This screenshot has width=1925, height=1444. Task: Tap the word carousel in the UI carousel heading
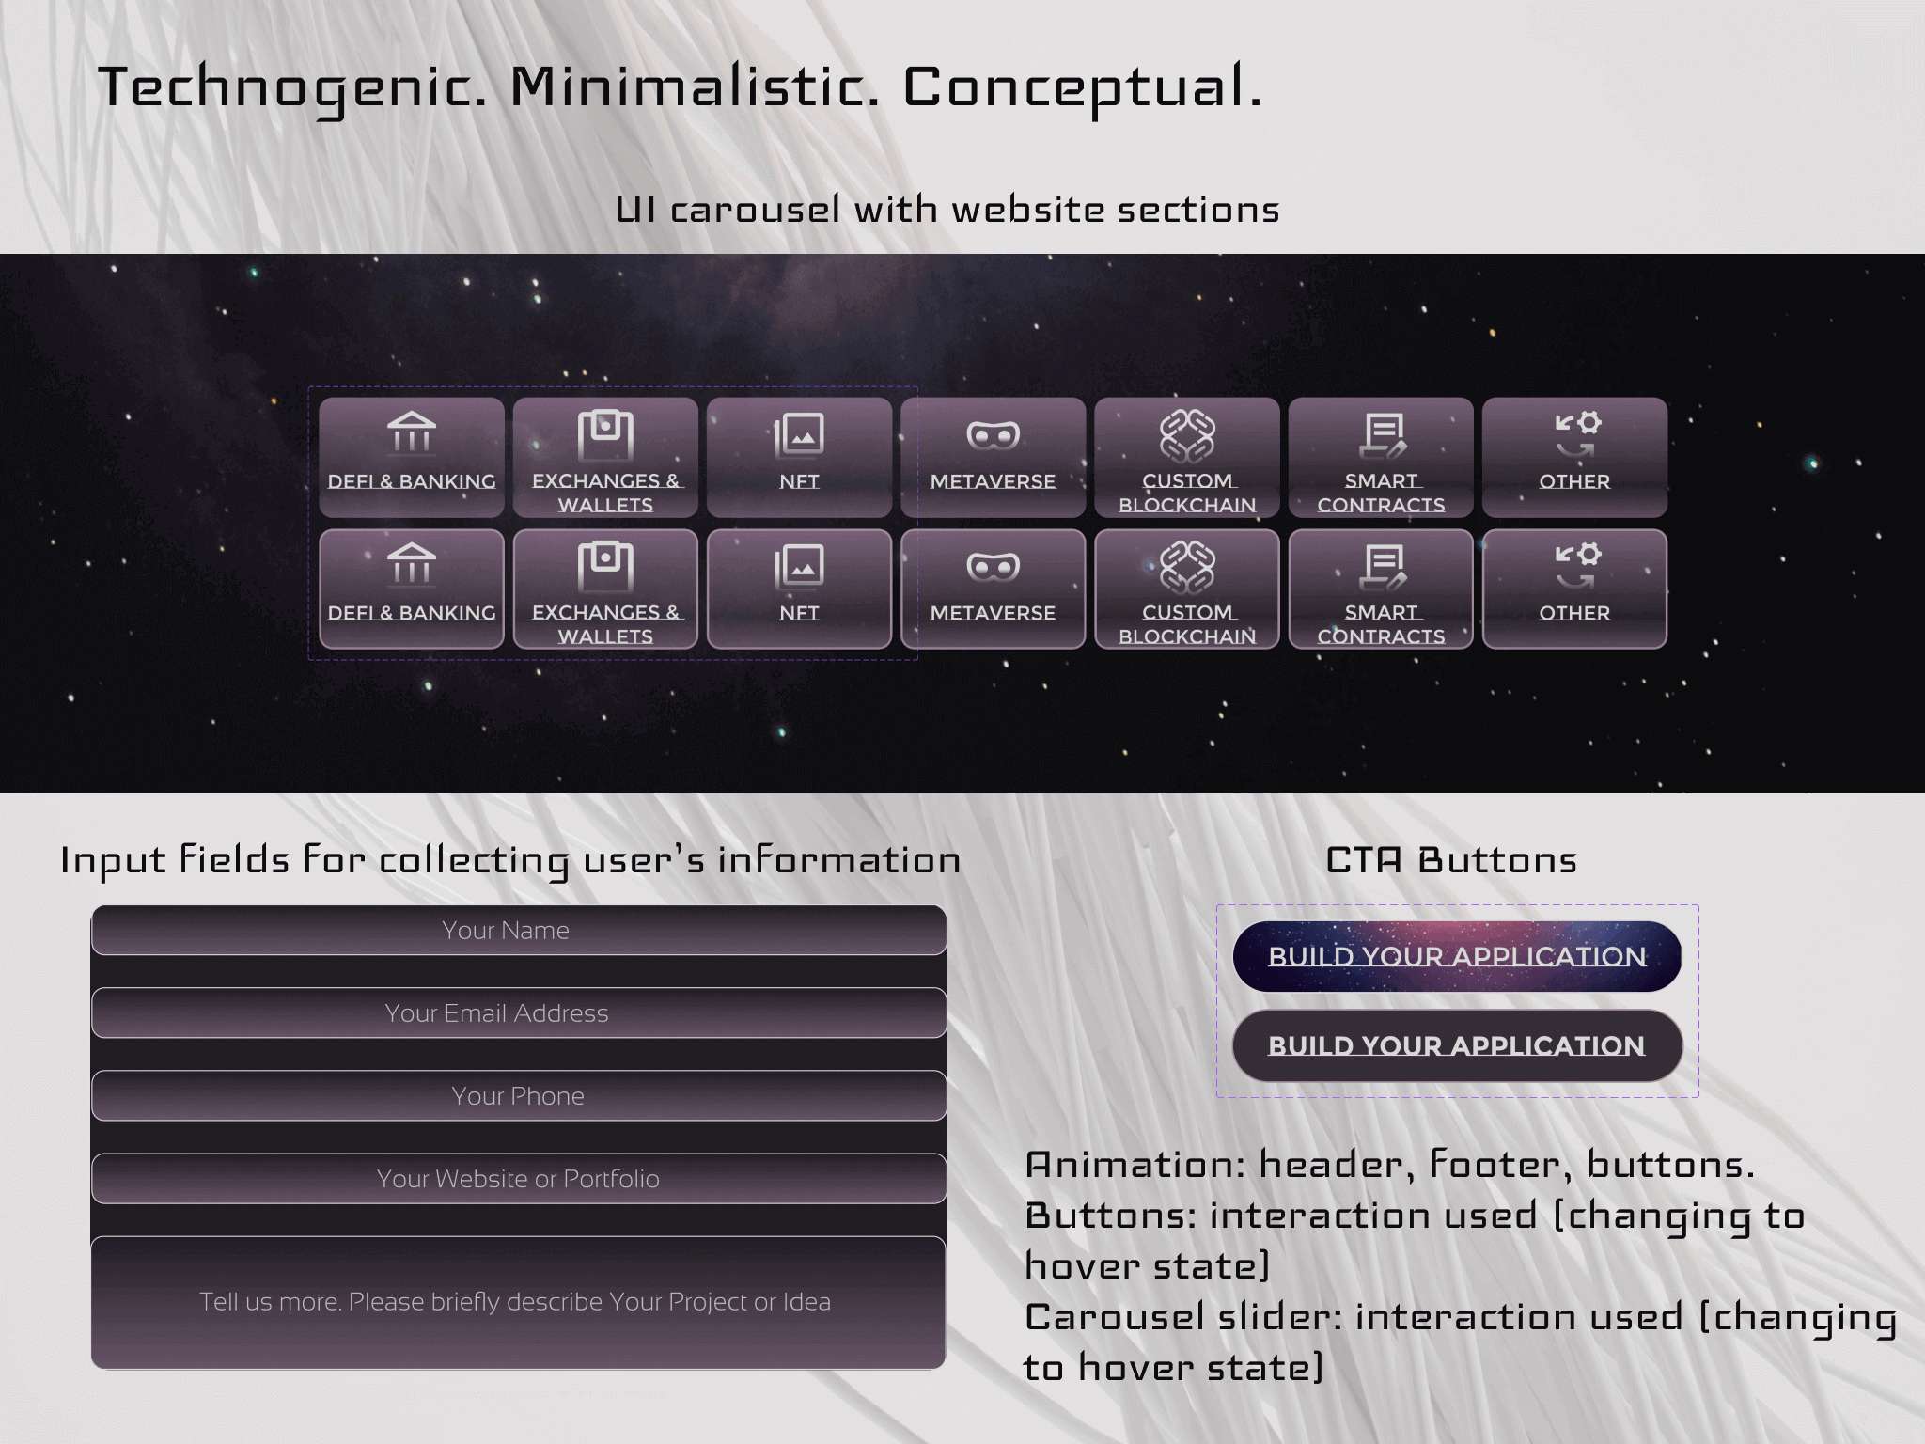[755, 210]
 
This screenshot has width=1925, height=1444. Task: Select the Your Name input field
[519, 931]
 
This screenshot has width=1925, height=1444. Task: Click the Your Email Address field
[519, 1013]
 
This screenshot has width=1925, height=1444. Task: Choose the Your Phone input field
[519, 1096]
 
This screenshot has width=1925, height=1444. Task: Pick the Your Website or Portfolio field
[519, 1179]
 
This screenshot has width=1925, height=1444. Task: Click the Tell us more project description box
[519, 1303]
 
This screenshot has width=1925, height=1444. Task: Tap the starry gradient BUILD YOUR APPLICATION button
[1457, 956]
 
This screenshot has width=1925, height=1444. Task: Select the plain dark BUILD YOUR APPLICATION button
[1457, 1045]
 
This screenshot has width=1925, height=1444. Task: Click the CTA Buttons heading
[1451, 860]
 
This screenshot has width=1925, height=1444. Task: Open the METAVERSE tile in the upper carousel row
[993, 458]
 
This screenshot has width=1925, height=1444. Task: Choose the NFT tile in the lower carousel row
[799, 589]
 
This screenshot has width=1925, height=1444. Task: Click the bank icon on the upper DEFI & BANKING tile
[412, 433]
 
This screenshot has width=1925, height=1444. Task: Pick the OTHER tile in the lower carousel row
[1574, 589]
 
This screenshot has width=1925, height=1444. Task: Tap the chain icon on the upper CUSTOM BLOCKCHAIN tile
[1187, 435]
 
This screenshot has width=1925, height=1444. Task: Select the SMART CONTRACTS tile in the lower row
[1381, 589]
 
